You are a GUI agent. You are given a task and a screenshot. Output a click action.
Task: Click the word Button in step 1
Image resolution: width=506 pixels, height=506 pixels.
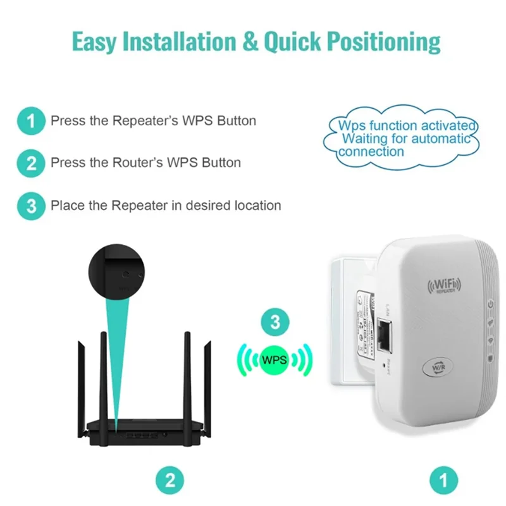coord(237,120)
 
